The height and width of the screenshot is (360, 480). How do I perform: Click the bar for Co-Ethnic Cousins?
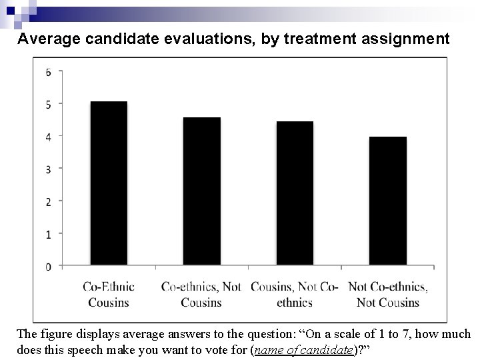point(109,183)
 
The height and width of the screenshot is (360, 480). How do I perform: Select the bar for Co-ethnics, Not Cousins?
point(201,191)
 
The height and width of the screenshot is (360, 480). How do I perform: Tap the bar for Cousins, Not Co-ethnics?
point(295,193)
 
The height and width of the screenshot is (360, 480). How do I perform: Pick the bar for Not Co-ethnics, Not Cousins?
point(387,201)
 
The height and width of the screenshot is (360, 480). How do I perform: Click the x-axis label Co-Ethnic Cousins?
point(109,295)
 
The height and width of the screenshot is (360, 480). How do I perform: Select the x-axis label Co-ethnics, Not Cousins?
point(201,295)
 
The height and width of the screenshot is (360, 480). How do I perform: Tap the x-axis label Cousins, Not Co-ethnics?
point(295,295)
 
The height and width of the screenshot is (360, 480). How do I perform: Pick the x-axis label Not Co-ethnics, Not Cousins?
point(388,295)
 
